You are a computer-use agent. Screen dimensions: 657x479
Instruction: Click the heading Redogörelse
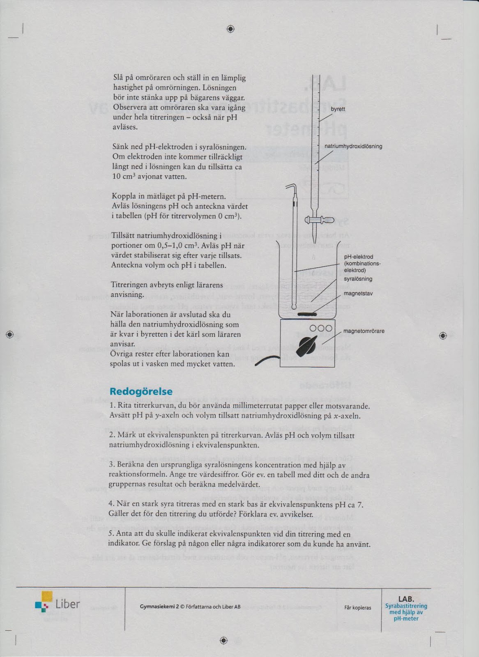click(141, 391)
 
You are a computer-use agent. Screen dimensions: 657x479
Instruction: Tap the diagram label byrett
click(338, 109)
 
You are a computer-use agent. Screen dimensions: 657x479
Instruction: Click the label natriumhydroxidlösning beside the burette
click(353, 146)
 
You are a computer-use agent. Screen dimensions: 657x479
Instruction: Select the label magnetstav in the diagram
click(358, 294)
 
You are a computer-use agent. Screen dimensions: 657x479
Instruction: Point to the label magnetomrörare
click(364, 331)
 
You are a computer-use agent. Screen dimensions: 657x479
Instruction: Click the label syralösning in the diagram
click(358, 279)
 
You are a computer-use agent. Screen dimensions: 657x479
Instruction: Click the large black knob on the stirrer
click(308, 346)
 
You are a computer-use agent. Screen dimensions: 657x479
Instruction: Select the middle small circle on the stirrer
click(320, 328)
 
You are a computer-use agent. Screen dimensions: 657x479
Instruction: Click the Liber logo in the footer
click(58, 604)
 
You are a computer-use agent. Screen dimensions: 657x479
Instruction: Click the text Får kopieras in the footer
click(357, 608)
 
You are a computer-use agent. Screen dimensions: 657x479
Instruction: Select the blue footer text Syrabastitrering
click(406, 606)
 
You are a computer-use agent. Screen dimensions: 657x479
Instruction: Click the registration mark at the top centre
click(230, 29)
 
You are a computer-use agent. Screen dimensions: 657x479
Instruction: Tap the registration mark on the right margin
click(442, 335)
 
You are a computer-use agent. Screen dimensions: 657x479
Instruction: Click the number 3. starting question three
click(112, 465)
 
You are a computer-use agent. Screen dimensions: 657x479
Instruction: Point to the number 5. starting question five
click(111, 534)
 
